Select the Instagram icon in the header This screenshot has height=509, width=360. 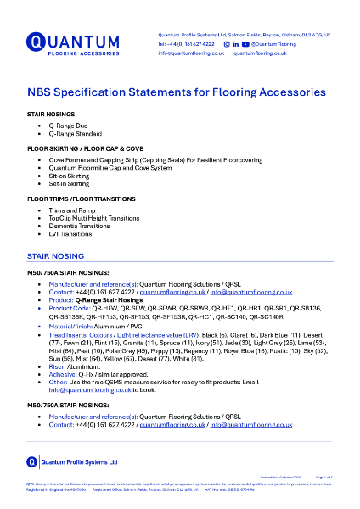pos(226,42)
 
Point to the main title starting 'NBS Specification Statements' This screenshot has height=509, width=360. pos(176,92)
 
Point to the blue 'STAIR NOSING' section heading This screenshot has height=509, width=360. pos(55,255)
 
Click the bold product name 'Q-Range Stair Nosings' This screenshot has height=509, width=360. pos(109,299)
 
